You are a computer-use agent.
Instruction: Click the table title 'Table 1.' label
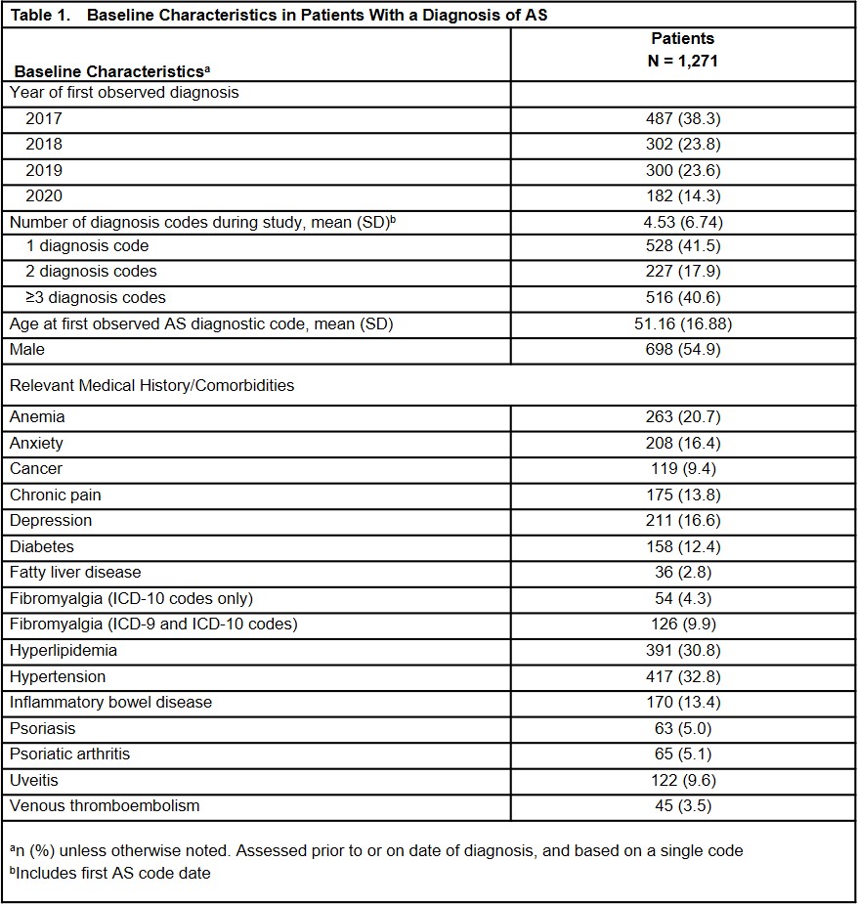39,16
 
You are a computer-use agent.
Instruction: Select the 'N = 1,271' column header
683,61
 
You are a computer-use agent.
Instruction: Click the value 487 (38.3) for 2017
683,119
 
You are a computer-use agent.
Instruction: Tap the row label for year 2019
44,170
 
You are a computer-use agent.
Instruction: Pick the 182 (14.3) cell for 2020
683,195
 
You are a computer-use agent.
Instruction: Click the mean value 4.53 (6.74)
683,221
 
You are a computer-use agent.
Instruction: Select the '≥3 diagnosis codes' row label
96,297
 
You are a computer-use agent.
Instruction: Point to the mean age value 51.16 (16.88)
683,323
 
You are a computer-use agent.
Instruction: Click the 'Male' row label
27,349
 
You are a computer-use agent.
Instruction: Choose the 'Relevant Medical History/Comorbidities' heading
151,385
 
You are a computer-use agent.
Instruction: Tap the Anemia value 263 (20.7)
683,417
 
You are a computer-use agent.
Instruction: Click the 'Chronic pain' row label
56,496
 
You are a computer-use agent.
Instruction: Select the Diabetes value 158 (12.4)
683,547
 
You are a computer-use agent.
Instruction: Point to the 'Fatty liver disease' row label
75,573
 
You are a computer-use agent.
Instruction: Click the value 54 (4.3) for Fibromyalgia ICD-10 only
683,599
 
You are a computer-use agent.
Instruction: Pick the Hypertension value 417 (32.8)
683,676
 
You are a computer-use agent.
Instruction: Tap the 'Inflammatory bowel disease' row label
110,702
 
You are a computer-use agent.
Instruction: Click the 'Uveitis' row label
33,780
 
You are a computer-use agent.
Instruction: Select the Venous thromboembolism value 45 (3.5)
683,806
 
